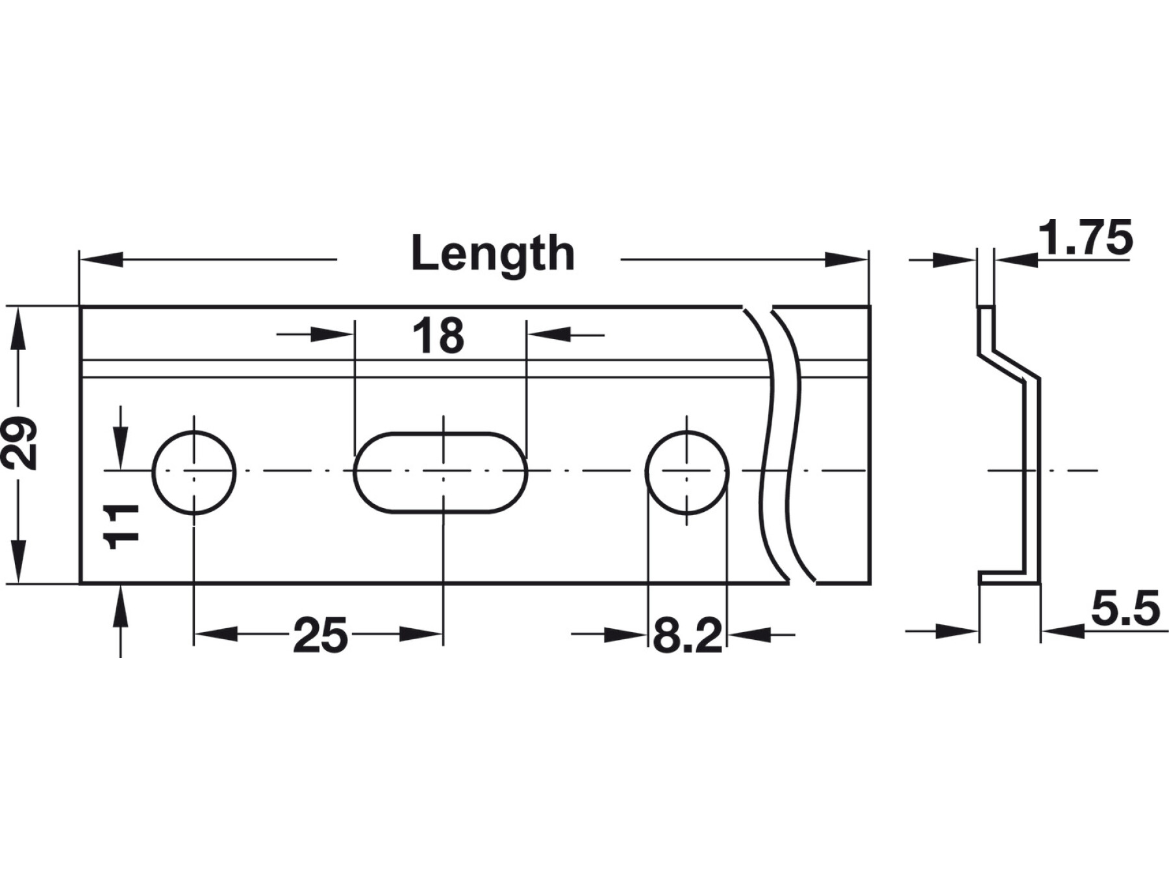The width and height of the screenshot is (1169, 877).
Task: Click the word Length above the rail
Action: tap(493, 254)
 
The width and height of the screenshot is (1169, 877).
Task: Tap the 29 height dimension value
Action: tap(19, 444)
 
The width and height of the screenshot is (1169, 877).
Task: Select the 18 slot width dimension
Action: tap(438, 336)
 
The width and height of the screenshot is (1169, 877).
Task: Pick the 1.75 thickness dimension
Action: tap(1085, 238)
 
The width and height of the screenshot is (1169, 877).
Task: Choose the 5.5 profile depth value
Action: tap(1125, 610)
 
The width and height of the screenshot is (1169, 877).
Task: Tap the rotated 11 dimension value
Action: tap(122, 526)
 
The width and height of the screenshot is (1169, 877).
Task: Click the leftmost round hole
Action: tap(194, 472)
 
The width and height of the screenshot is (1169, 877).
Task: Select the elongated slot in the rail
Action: tap(440, 472)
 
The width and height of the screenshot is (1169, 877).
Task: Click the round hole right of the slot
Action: tap(687, 472)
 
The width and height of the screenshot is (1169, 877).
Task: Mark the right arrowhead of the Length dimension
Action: tap(846, 260)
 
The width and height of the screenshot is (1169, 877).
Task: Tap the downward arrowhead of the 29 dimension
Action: tap(19, 561)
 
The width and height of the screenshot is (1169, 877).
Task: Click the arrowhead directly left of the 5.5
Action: tap(1062, 630)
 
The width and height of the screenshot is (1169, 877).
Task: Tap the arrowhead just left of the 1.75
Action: tap(1016, 261)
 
